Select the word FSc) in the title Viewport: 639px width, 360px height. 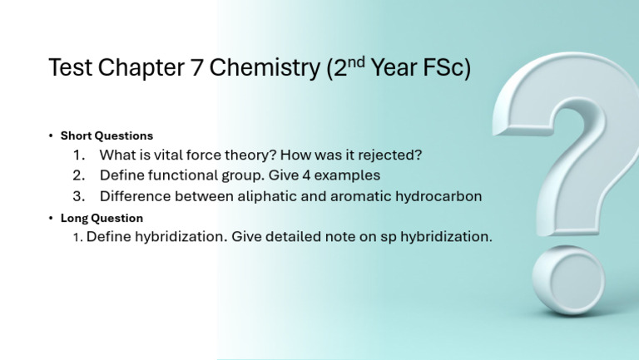446,68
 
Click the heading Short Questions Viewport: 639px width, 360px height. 106,136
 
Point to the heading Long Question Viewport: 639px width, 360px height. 102,218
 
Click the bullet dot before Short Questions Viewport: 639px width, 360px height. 51,136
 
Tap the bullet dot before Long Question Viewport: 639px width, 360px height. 51,218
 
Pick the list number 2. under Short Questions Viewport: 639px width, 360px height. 79,175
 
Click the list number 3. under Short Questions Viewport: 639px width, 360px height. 79,196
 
